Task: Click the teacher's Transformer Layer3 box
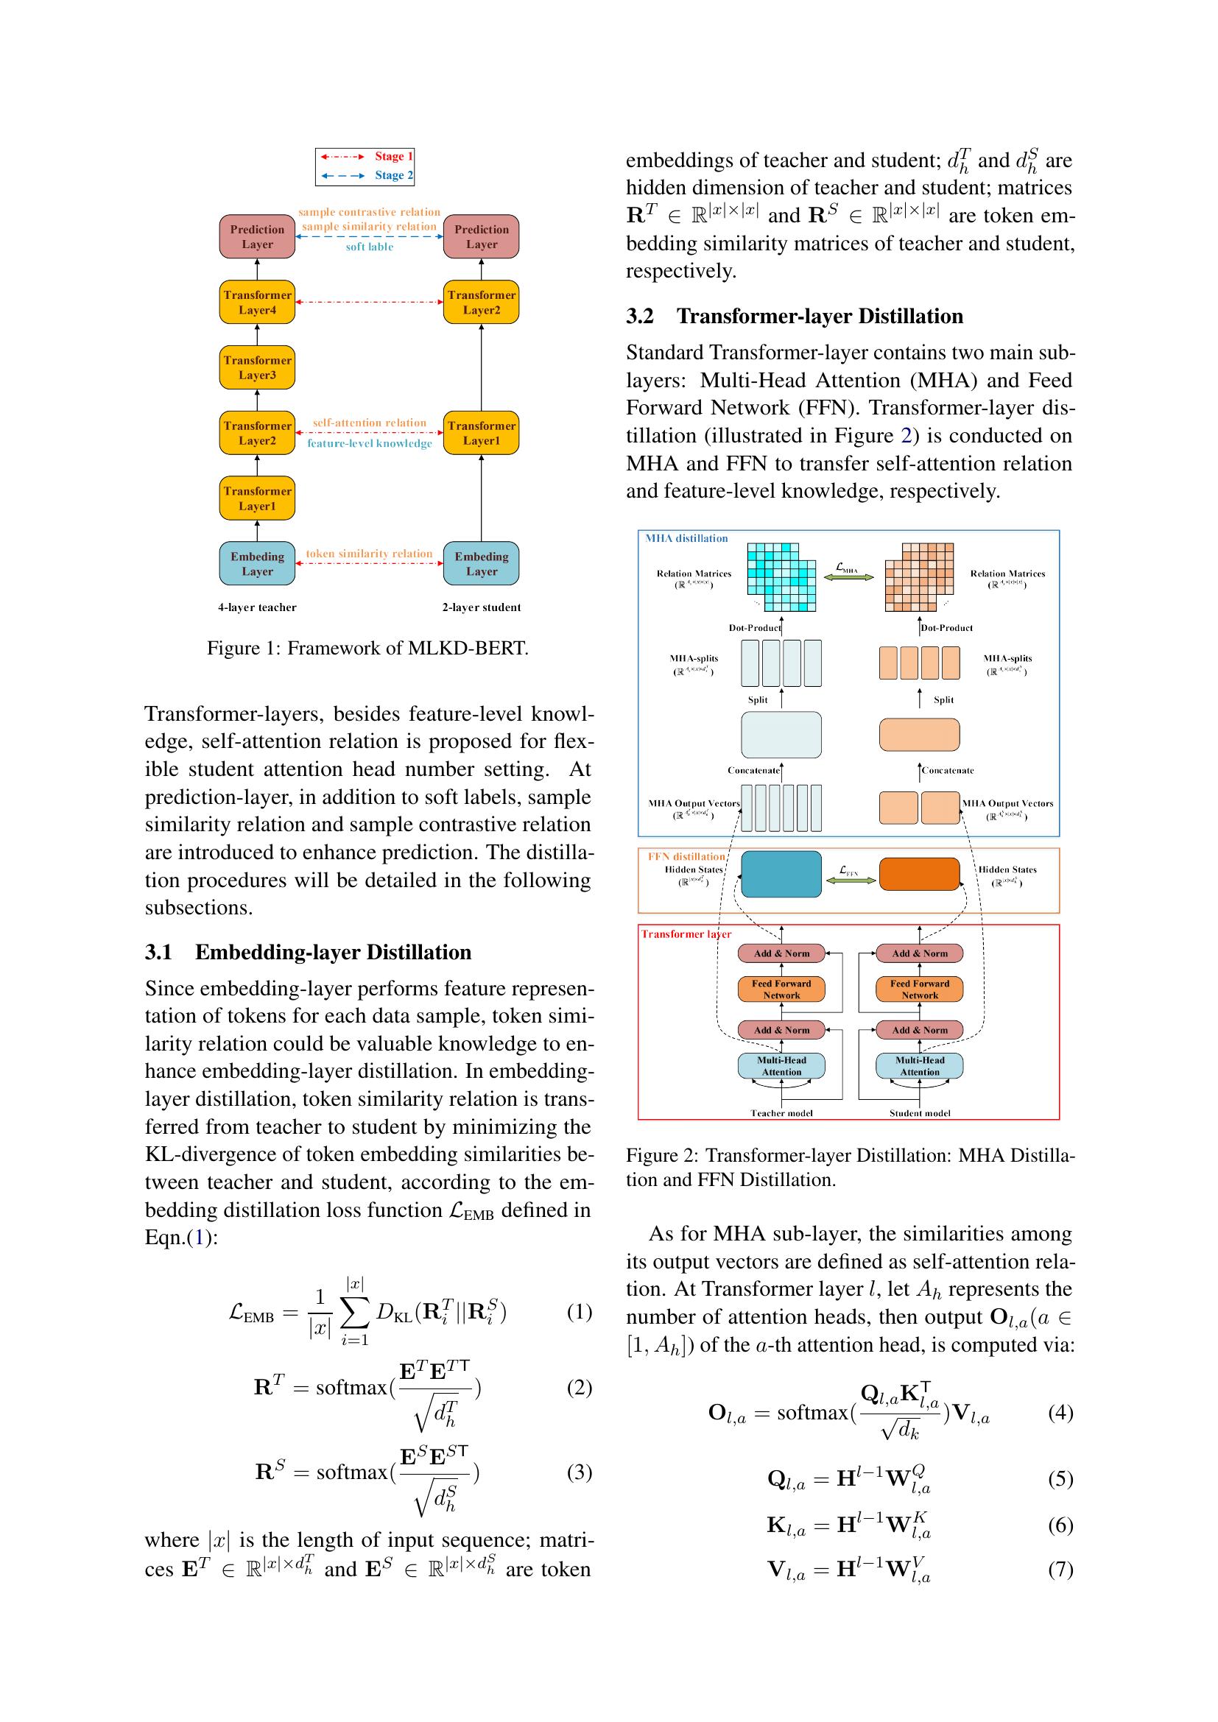point(256,367)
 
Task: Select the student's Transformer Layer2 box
point(481,303)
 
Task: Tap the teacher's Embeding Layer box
point(256,563)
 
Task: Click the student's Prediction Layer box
point(481,236)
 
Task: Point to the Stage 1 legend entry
point(365,156)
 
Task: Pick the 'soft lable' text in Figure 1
point(369,247)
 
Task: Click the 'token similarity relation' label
point(369,554)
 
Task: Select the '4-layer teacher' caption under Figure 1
point(256,607)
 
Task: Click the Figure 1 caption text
point(367,648)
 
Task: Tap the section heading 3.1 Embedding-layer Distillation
point(308,952)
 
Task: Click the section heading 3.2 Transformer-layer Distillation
point(795,316)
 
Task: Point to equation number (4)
point(1060,1412)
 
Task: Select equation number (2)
point(579,1387)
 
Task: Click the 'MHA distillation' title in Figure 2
point(686,538)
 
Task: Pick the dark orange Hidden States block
point(919,874)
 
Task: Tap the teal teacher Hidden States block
point(781,874)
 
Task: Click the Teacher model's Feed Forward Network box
point(781,989)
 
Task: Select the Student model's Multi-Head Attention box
point(919,1066)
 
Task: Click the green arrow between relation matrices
point(849,576)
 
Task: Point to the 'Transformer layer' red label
point(686,934)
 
